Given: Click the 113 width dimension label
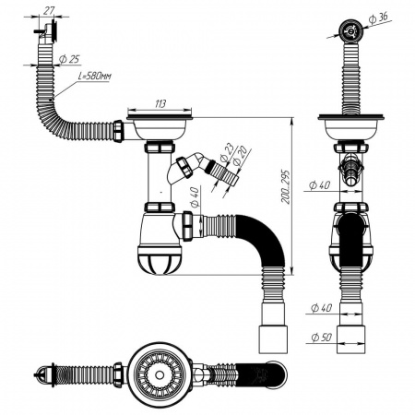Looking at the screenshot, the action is (x=160, y=104).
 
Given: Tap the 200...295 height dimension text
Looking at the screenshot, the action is (x=285, y=186).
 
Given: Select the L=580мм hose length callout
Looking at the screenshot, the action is (x=94, y=77).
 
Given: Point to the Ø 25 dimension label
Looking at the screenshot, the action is (x=69, y=59).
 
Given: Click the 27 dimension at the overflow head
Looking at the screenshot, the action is (x=48, y=10).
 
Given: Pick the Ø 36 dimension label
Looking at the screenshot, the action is (x=378, y=18).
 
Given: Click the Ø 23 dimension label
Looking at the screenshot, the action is (x=227, y=152).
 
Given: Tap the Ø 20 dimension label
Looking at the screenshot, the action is (x=239, y=156).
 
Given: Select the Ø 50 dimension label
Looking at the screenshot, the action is (x=322, y=338).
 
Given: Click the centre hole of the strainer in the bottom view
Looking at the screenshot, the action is (x=159, y=375).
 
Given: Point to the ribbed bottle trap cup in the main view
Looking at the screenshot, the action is (x=159, y=259).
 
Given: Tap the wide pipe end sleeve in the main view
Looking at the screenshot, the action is (x=274, y=339).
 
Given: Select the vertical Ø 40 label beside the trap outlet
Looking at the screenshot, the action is (x=196, y=197).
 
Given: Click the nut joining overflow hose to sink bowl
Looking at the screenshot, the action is (x=118, y=131).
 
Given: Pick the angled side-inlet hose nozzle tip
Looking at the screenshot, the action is (x=233, y=179).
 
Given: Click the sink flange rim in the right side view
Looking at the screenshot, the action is (x=351, y=117).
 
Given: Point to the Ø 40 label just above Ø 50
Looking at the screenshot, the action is (x=321, y=308).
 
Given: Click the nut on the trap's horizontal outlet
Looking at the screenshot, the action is (x=187, y=226).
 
